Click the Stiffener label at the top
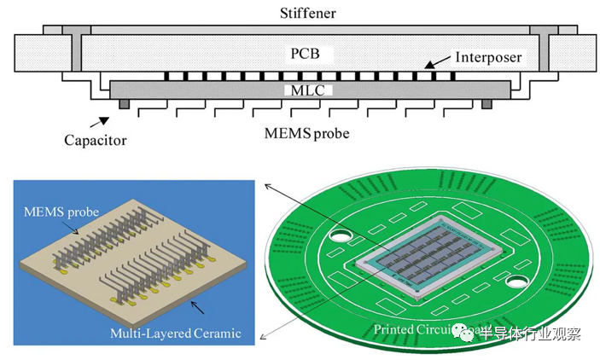point(308,13)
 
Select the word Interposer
point(489,58)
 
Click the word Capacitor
point(96,140)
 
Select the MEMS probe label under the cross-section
point(308,134)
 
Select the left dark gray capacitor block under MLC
point(125,104)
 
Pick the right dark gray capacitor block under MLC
point(486,104)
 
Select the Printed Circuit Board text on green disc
point(416,328)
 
